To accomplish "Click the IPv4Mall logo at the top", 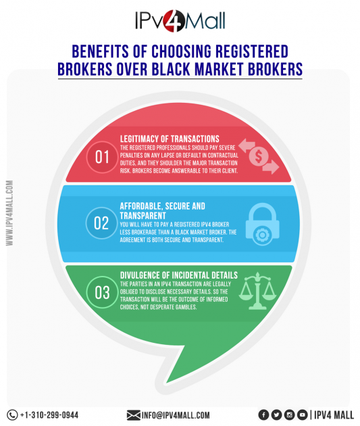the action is tap(180, 21).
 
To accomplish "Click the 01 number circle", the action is tap(102, 157).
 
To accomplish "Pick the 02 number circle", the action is tap(101, 223).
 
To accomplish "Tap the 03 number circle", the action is tap(102, 292).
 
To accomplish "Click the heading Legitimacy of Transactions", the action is tap(170, 139).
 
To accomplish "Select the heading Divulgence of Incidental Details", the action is tap(179, 275).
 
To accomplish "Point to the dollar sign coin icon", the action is tap(259, 156).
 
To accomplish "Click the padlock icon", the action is tap(262, 224).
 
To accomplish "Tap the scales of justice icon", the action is tap(257, 291).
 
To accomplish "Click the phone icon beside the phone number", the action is tap(12, 415).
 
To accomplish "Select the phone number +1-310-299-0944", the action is tap(49, 415).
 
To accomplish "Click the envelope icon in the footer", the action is tap(134, 415).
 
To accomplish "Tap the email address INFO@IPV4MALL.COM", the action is tap(176, 415).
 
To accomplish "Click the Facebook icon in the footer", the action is tap(263, 415).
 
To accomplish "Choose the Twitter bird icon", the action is tap(276, 415).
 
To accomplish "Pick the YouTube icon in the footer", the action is tap(302, 415).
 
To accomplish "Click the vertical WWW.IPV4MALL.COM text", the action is tap(9, 213).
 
